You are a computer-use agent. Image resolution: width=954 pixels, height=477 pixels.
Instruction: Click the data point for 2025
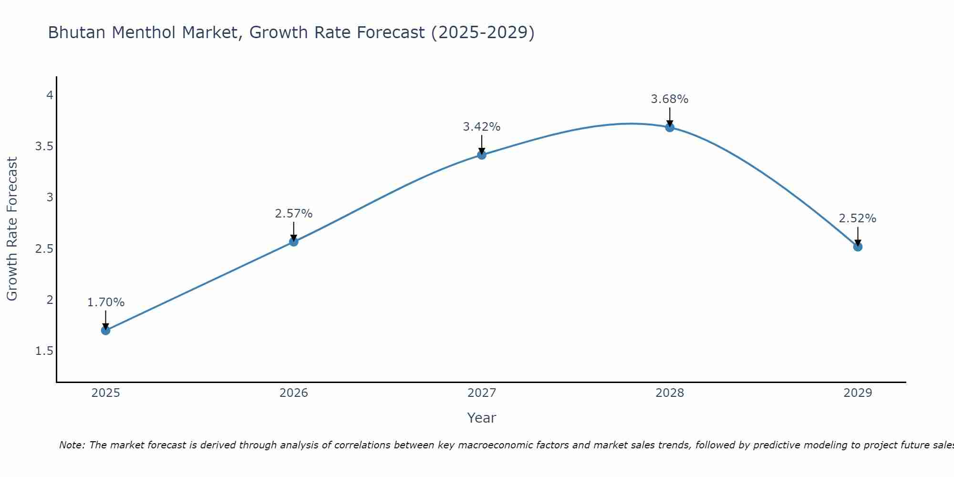(105, 330)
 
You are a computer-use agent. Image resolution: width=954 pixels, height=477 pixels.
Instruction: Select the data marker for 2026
(293, 241)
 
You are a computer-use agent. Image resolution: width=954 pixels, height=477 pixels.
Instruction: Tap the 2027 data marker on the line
(481, 155)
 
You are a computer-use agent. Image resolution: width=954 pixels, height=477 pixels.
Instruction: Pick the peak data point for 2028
(669, 127)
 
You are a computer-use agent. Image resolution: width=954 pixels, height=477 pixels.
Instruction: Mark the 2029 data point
(857, 247)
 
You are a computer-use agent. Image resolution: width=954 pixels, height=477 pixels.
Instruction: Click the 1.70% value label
(105, 302)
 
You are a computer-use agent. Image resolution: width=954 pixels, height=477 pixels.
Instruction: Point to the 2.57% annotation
(293, 214)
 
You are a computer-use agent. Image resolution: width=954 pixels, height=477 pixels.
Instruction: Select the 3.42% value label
(481, 127)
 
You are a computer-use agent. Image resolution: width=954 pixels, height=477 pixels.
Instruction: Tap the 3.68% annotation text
(669, 99)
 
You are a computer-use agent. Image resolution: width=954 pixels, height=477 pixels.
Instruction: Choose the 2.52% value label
(857, 218)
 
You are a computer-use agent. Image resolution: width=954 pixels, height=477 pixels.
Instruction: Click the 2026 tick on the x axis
(293, 393)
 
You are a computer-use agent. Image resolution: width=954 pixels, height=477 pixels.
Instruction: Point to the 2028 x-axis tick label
(669, 393)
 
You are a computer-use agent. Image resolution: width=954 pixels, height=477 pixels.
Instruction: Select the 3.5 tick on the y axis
(44, 146)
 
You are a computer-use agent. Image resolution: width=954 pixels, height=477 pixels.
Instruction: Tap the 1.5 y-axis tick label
(44, 351)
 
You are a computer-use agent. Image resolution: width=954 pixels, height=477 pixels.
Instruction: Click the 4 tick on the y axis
(49, 95)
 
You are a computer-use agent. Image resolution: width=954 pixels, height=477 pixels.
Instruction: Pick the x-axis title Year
(481, 418)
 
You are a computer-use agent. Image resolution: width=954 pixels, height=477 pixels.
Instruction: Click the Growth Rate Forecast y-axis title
(12, 229)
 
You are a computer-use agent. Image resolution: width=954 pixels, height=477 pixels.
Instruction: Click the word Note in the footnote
(72, 445)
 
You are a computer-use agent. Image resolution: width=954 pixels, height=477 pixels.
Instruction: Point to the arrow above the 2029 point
(857, 236)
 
